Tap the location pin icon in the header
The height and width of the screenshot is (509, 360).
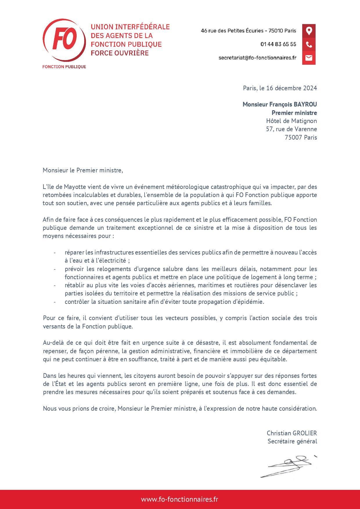point(309,30)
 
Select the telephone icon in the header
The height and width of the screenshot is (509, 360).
point(309,44)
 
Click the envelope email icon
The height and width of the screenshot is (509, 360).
point(309,58)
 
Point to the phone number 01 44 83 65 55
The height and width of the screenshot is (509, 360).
point(278,44)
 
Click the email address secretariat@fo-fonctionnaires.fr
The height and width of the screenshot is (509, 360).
point(257,58)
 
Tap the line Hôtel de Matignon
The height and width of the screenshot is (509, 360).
point(291,121)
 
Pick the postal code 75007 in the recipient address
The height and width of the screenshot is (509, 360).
point(294,137)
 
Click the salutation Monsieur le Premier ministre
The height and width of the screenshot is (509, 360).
point(83,170)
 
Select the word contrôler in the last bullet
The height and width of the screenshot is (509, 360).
point(77,302)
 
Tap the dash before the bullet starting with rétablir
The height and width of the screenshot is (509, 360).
point(54,285)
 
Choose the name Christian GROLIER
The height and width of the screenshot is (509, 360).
point(291,433)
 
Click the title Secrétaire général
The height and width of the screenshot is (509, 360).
point(292,441)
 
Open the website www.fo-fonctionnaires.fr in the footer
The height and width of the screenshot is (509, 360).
point(179,499)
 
